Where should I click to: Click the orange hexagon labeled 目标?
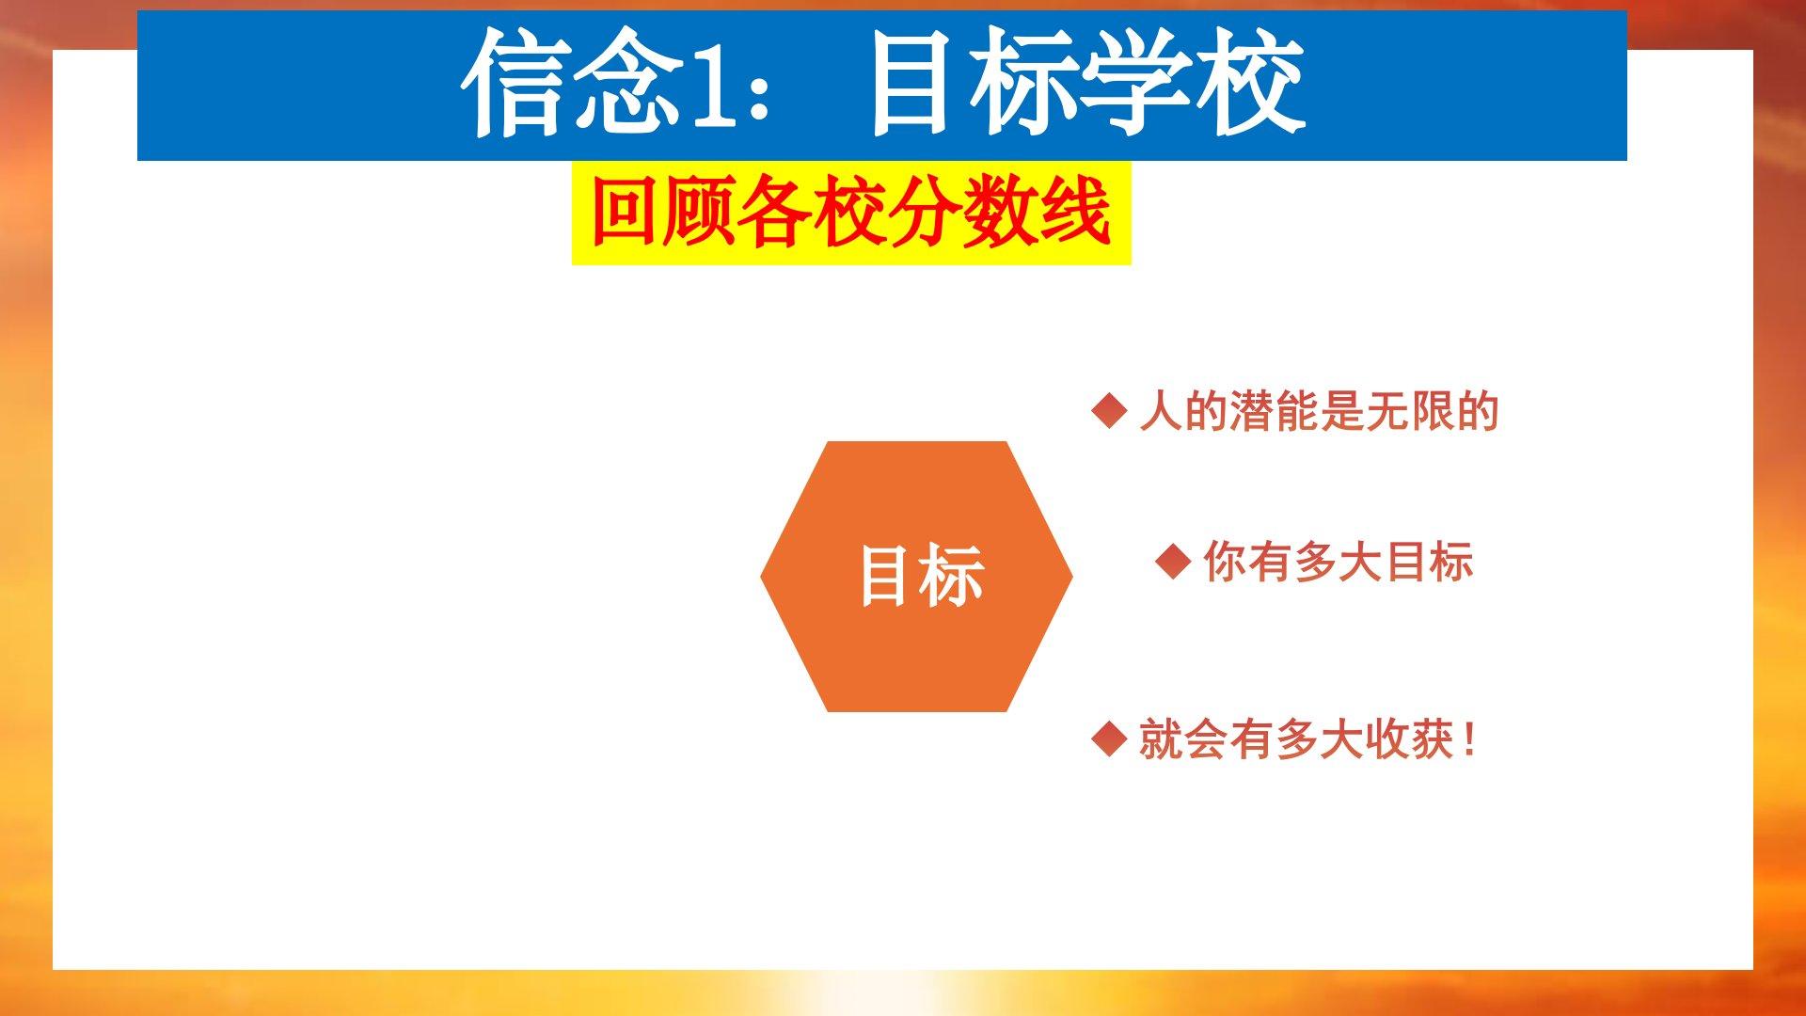pyautogui.click(x=916, y=576)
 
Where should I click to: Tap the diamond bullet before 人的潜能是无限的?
pyautogui.click(x=1109, y=411)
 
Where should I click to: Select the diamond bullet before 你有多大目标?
pyautogui.click(x=1173, y=562)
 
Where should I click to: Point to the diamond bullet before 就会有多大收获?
pyautogui.click(x=1109, y=738)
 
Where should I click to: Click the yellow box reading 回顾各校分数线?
pyautogui.click(x=851, y=213)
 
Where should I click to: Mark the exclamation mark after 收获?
pyautogui.click(x=1469, y=739)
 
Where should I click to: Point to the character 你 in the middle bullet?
pyautogui.click(x=1226, y=562)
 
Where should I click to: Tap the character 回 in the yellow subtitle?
pyautogui.click(x=625, y=213)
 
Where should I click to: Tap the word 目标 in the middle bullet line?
pyautogui.click(x=1430, y=562)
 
